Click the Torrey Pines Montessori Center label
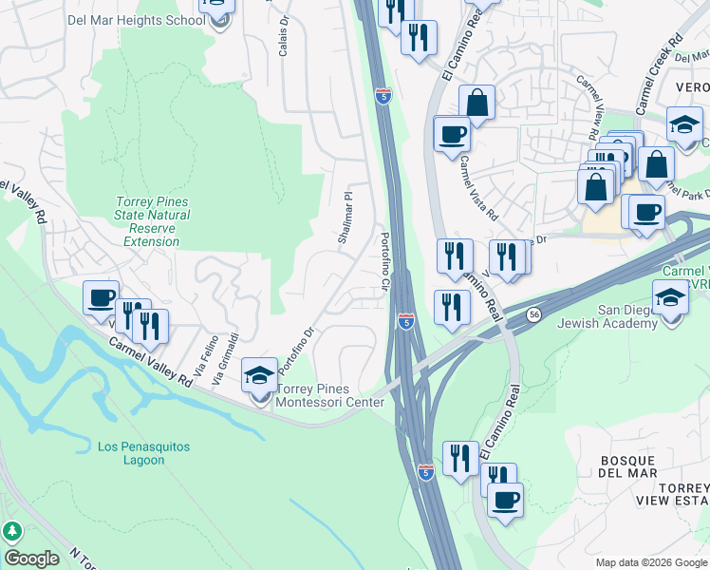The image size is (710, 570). [x=329, y=395]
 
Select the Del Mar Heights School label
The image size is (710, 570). [x=135, y=19]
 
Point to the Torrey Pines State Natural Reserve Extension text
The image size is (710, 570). [x=152, y=221]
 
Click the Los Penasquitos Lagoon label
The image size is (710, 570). [x=144, y=453]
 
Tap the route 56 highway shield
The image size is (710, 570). [x=535, y=313]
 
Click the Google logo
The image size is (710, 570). [x=31, y=559]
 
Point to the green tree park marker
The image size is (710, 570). [x=12, y=532]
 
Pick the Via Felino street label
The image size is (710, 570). [x=200, y=351]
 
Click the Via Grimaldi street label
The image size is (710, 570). [x=225, y=358]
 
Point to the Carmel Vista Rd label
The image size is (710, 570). [x=478, y=187]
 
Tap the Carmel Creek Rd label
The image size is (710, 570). [x=660, y=76]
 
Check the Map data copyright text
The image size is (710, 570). [x=650, y=562]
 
